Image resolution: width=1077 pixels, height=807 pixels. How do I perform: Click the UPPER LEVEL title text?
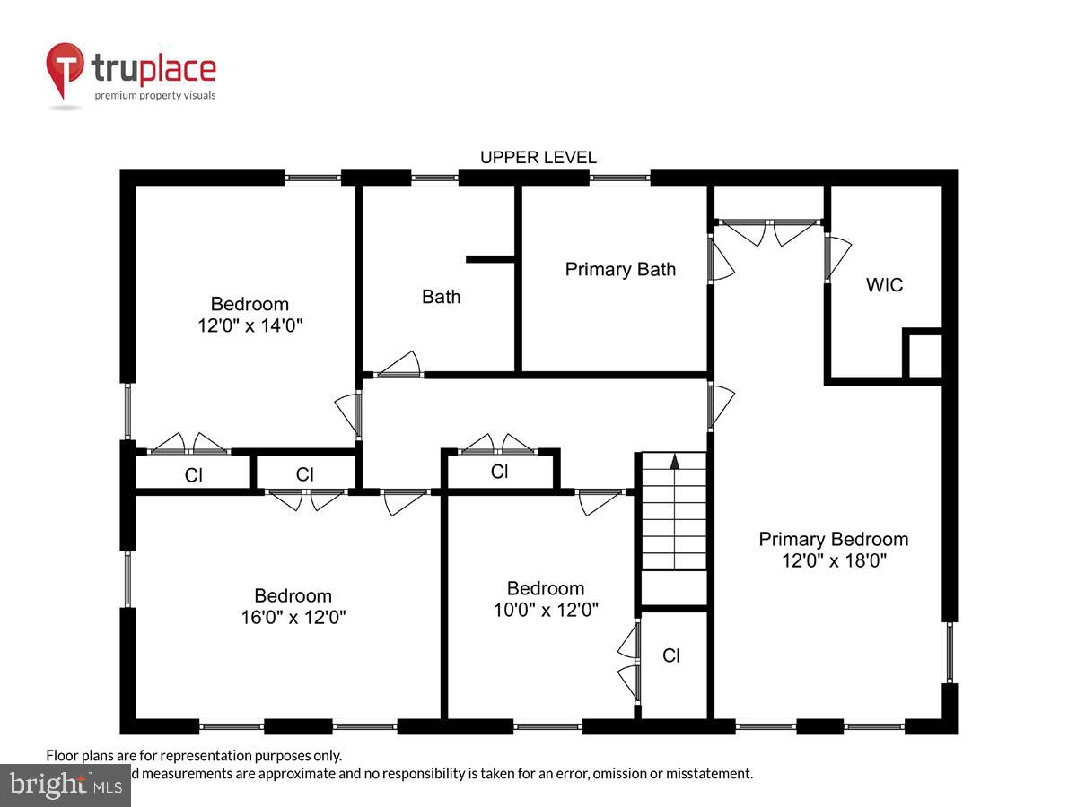pyautogui.click(x=538, y=158)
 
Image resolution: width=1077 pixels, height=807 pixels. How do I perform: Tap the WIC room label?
pyautogui.click(x=884, y=285)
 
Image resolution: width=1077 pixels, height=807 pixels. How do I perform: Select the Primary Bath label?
pyautogui.click(x=620, y=269)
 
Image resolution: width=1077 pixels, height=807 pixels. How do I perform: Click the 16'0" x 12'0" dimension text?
pyautogui.click(x=293, y=617)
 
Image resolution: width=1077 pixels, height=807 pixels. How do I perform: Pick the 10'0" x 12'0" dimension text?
pyautogui.click(x=546, y=610)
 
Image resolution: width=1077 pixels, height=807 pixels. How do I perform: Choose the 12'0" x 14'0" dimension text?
pyautogui.click(x=250, y=326)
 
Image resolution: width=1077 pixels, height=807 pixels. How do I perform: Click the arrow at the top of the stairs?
pyautogui.click(x=675, y=462)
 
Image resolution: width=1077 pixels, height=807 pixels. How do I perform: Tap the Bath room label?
pyautogui.click(x=441, y=297)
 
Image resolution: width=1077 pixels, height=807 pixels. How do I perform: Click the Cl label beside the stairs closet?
pyautogui.click(x=671, y=655)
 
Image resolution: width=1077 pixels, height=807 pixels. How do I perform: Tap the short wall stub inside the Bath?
pyautogui.click(x=490, y=260)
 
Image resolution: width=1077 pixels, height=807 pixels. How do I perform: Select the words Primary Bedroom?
pyautogui.click(x=833, y=539)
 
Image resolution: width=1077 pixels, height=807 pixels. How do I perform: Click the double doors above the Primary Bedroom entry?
pyautogui.click(x=768, y=230)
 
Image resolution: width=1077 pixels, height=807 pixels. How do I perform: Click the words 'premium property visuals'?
pyautogui.click(x=155, y=95)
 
